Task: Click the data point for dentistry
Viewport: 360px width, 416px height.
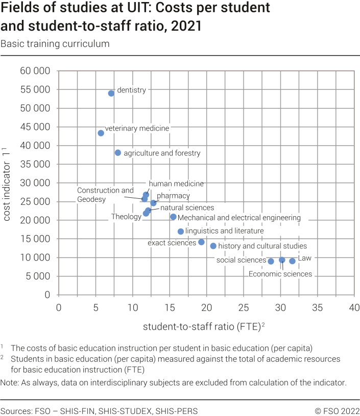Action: tap(111, 94)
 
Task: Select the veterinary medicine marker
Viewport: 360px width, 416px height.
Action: tap(101, 133)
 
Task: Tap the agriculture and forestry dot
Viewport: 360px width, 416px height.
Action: tap(118, 153)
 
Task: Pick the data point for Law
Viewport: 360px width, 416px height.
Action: tap(292, 261)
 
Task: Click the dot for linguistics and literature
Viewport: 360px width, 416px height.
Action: tap(181, 232)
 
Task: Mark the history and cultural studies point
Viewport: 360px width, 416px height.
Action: tap(213, 246)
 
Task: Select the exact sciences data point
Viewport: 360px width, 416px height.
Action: tap(201, 242)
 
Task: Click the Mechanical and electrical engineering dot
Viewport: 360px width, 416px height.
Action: tap(173, 217)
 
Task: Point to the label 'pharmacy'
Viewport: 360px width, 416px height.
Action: tap(173, 196)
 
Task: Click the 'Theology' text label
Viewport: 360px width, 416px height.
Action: tap(126, 217)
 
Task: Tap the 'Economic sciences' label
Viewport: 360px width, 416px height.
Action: tap(280, 274)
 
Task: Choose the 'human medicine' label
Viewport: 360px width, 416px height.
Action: tap(176, 184)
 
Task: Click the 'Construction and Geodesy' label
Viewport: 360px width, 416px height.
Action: tap(105, 195)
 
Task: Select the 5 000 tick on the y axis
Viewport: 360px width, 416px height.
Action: tap(37, 276)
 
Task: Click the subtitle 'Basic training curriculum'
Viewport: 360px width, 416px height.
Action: tap(55, 43)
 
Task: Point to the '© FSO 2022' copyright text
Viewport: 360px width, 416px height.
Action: tap(337, 411)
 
